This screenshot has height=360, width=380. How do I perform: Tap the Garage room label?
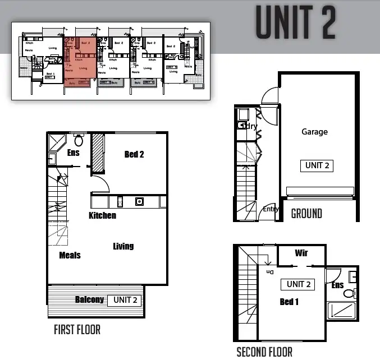click(314, 132)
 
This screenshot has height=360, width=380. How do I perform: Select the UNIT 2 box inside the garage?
click(317, 165)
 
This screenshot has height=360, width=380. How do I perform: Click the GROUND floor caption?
click(306, 213)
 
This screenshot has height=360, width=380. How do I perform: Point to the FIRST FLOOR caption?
click(77, 330)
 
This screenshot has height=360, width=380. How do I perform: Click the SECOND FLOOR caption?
click(264, 352)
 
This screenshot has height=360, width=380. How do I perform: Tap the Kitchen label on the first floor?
click(103, 215)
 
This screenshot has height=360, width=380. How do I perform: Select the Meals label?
click(70, 255)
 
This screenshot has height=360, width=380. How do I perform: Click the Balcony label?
click(90, 299)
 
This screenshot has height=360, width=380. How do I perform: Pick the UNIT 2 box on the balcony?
click(125, 300)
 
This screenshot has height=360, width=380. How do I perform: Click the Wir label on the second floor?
click(301, 253)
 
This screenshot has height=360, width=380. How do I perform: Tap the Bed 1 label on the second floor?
click(289, 302)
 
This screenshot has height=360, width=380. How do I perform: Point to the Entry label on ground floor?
click(271, 209)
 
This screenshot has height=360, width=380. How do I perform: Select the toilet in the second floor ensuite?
click(349, 293)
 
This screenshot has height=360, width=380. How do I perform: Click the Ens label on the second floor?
click(338, 285)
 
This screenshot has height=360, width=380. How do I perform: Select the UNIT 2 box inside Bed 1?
click(299, 284)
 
